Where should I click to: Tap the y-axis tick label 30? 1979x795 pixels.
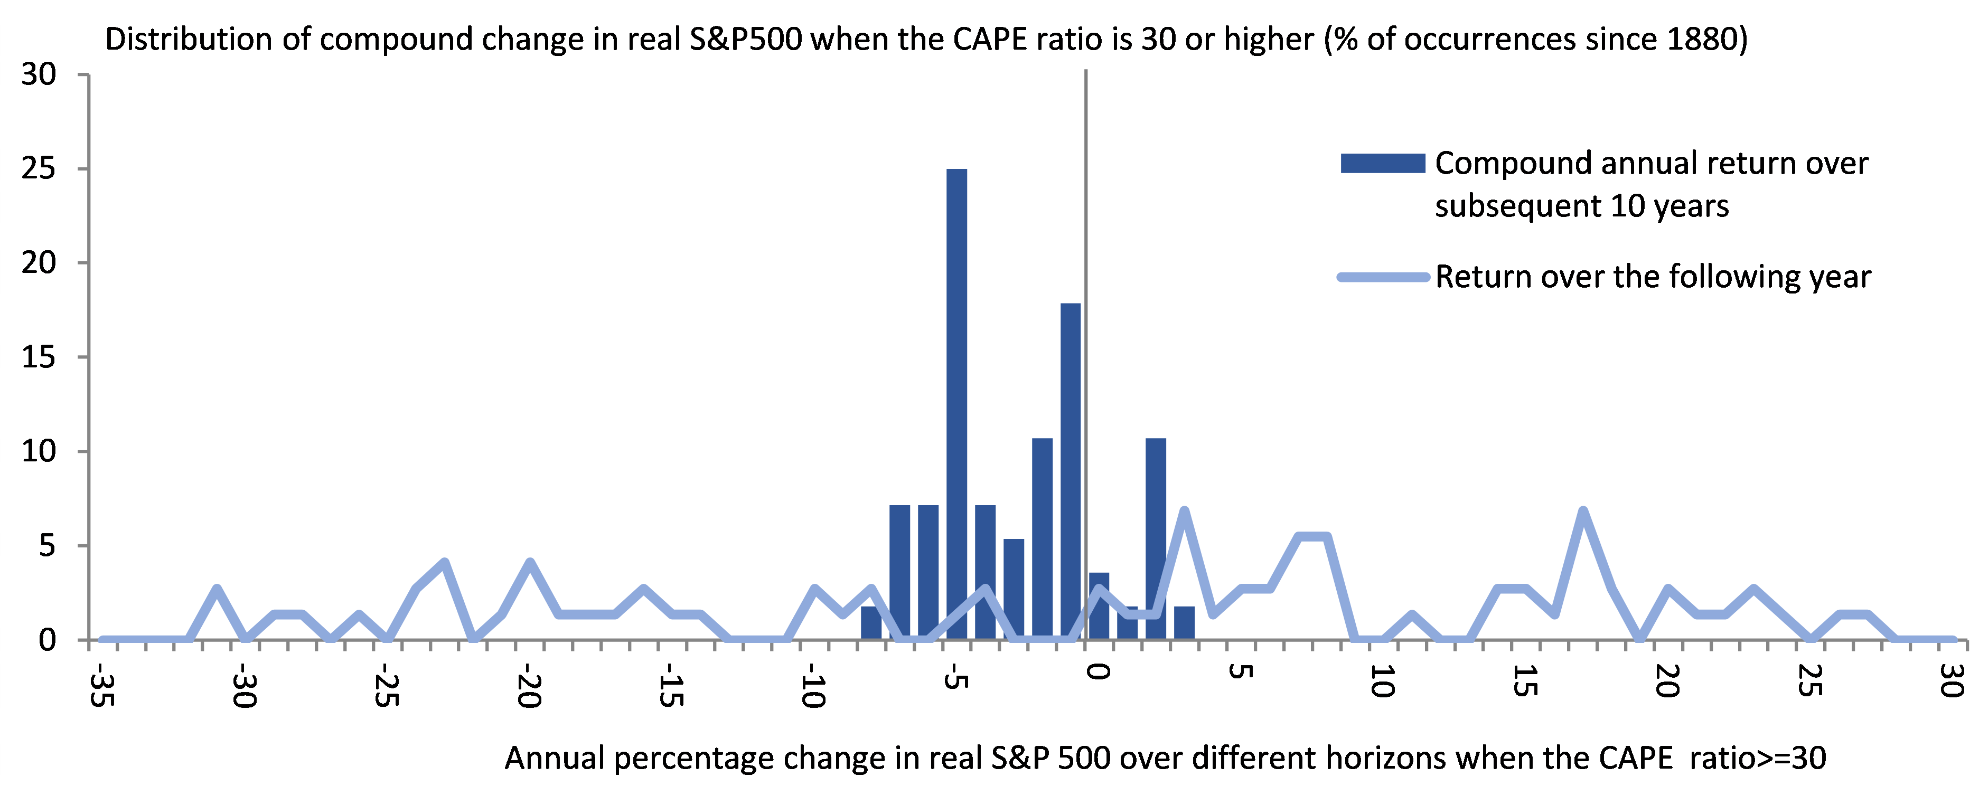(39, 74)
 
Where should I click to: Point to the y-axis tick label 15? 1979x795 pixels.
(39, 357)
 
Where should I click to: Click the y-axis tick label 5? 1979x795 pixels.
(48, 546)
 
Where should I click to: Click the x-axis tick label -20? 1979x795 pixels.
(529, 686)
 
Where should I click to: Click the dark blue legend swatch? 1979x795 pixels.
(1382, 164)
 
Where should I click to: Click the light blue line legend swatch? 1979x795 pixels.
(1382, 277)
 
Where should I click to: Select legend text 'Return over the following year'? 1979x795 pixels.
(1653, 277)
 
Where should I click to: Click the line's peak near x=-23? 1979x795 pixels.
(444, 563)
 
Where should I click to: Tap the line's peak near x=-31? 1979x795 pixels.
(217, 589)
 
